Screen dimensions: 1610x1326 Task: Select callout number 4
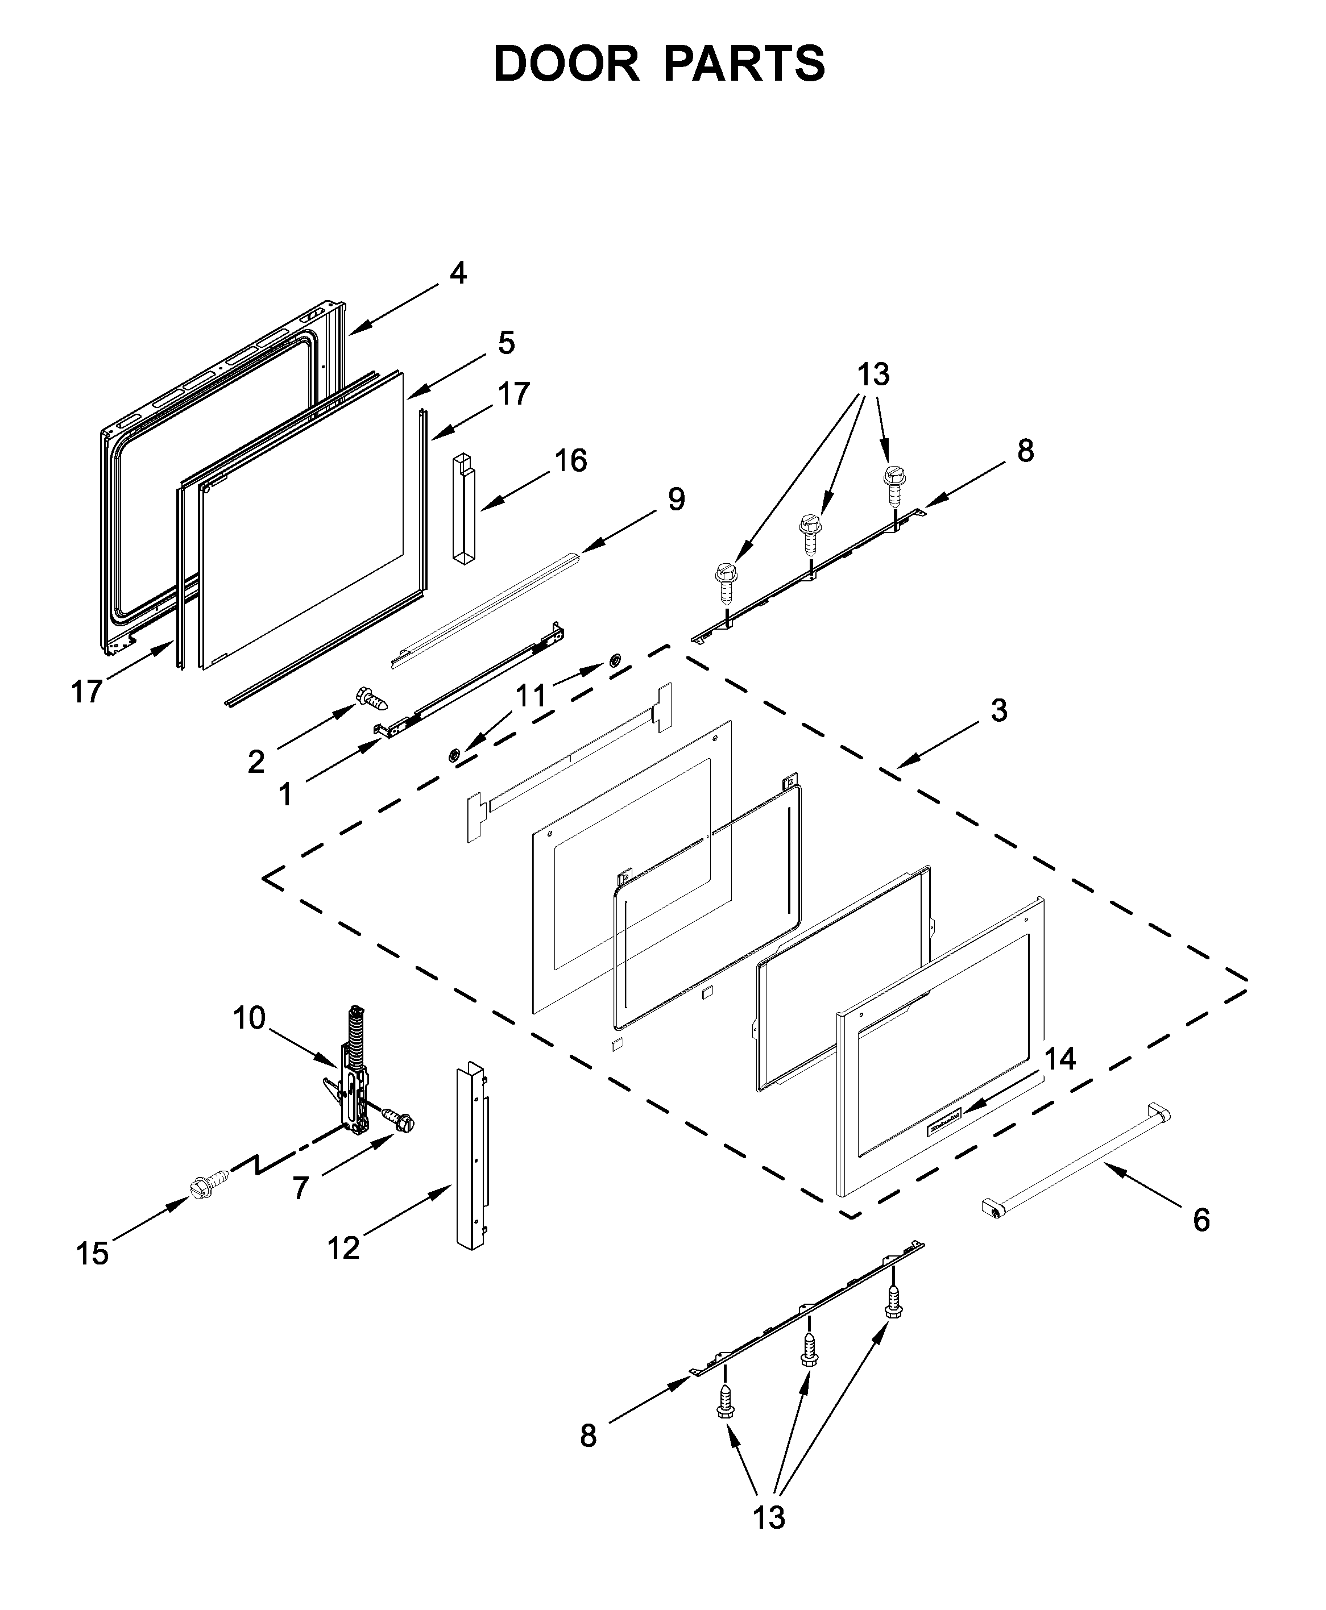[x=458, y=273]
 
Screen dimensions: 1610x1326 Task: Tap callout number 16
[x=570, y=460]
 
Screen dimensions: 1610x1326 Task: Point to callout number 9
[x=676, y=500]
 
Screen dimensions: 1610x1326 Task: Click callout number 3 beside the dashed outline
[x=999, y=710]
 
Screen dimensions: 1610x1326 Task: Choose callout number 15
[x=93, y=1254]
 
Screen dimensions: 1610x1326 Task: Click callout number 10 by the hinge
[x=249, y=1018]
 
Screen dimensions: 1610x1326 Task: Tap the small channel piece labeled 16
[x=463, y=509]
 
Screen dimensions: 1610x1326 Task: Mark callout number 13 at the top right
[x=873, y=375]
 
